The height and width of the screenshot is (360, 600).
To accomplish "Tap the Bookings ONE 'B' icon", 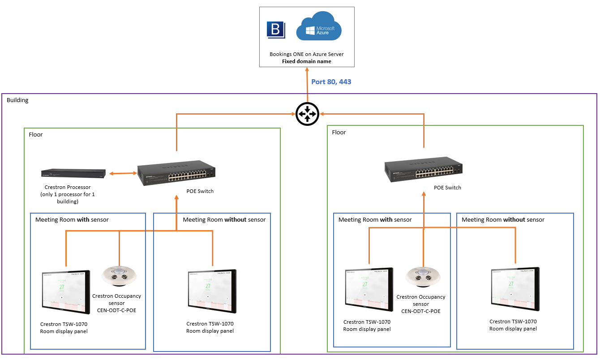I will tap(276, 29).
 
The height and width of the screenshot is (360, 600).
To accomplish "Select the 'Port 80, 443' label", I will tap(331, 82).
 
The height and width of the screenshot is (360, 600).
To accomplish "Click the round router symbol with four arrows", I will tap(307, 114).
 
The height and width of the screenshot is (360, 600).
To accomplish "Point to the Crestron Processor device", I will tap(73, 173).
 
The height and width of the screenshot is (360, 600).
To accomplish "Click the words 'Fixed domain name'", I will tap(307, 61).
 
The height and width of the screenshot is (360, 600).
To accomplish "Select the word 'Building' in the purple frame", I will tap(17, 100).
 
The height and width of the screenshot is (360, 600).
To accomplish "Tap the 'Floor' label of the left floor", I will tap(36, 134).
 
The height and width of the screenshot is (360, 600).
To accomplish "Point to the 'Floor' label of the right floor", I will tap(339, 132).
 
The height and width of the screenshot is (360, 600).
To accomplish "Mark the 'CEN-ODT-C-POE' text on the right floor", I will tap(421, 311).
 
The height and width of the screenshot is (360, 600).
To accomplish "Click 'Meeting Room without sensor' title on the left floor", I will tap(224, 220).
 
